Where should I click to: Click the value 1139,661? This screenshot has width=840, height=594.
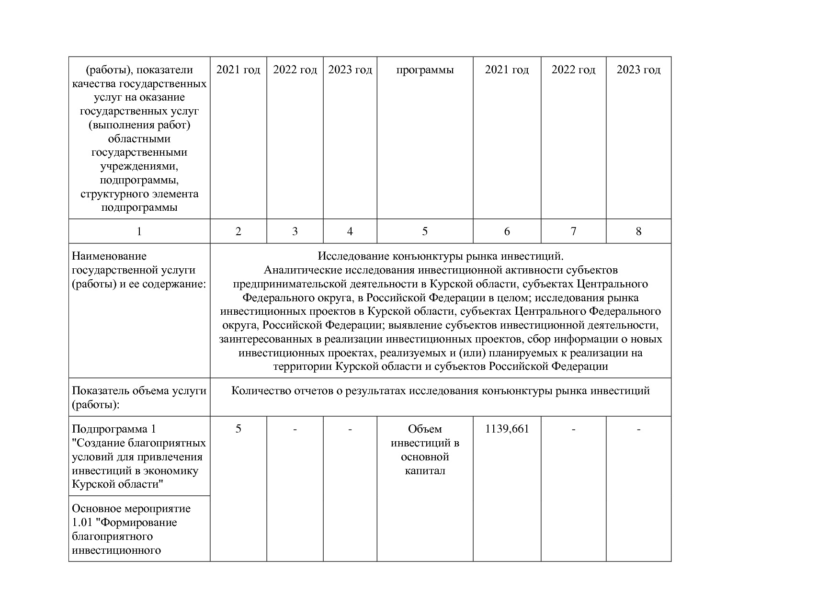pos(507,429)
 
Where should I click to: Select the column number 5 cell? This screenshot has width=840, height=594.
pos(425,231)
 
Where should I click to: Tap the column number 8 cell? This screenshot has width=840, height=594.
pos(638,231)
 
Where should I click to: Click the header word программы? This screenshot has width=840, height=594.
pos(425,70)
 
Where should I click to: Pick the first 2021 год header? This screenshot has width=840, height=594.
pos(238,70)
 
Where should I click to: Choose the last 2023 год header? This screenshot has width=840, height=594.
pos(638,70)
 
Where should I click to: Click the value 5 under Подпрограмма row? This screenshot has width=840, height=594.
pos(238,429)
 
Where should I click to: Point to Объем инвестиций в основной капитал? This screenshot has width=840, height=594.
pos(425,449)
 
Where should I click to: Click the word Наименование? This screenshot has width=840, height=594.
pos(109,256)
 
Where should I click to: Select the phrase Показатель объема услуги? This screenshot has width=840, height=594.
pos(139,391)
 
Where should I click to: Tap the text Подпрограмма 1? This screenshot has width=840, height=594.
pos(114,429)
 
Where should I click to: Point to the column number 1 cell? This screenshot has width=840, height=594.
pos(139,231)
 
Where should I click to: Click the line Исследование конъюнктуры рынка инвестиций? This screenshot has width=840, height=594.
pos(441,256)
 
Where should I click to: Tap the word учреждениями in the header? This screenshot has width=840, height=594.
pos(139,166)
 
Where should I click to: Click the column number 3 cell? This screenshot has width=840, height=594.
pos(295,231)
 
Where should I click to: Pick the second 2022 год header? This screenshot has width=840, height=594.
pos(573,70)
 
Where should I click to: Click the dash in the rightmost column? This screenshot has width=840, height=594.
pos(638,429)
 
